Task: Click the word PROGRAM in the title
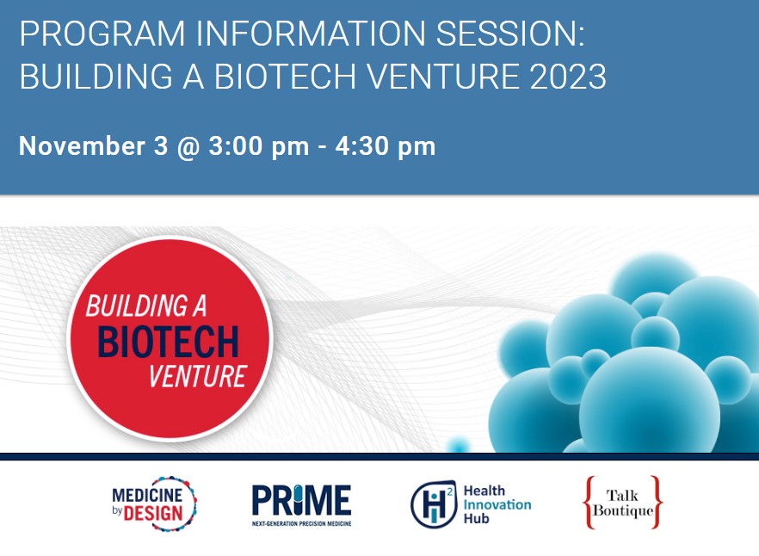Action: (x=102, y=34)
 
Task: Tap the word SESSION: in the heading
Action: (x=510, y=34)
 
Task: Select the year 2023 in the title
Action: (x=568, y=77)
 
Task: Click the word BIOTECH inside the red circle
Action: (x=169, y=342)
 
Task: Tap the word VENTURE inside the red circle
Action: (x=198, y=376)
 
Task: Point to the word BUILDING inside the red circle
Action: (x=137, y=306)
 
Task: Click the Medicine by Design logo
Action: (x=154, y=503)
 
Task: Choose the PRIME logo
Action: (x=301, y=504)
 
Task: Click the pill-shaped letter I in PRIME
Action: (x=301, y=499)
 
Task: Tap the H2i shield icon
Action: (x=434, y=504)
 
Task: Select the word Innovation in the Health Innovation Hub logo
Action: (x=497, y=504)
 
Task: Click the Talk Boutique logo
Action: (x=622, y=503)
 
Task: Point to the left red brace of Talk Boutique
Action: (x=589, y=503)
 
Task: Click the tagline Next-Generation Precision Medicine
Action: (x=301, y=523)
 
